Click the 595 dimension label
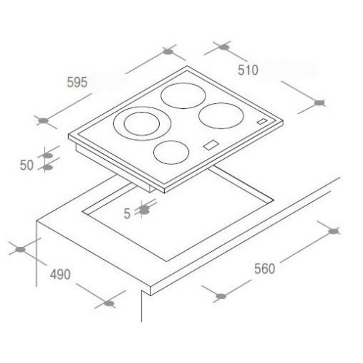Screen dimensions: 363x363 (77, 82)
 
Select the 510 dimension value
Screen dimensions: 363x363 (248, 70)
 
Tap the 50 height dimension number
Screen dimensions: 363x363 (27, 166)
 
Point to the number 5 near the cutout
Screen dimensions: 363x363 (127, 213)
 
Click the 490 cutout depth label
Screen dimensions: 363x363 (60, 274)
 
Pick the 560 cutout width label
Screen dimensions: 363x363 (264, 269)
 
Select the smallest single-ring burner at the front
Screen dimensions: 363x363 (171, 152)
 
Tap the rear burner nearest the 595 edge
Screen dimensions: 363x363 (183, 96)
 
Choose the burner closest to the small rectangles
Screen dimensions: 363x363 (221, 116)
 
